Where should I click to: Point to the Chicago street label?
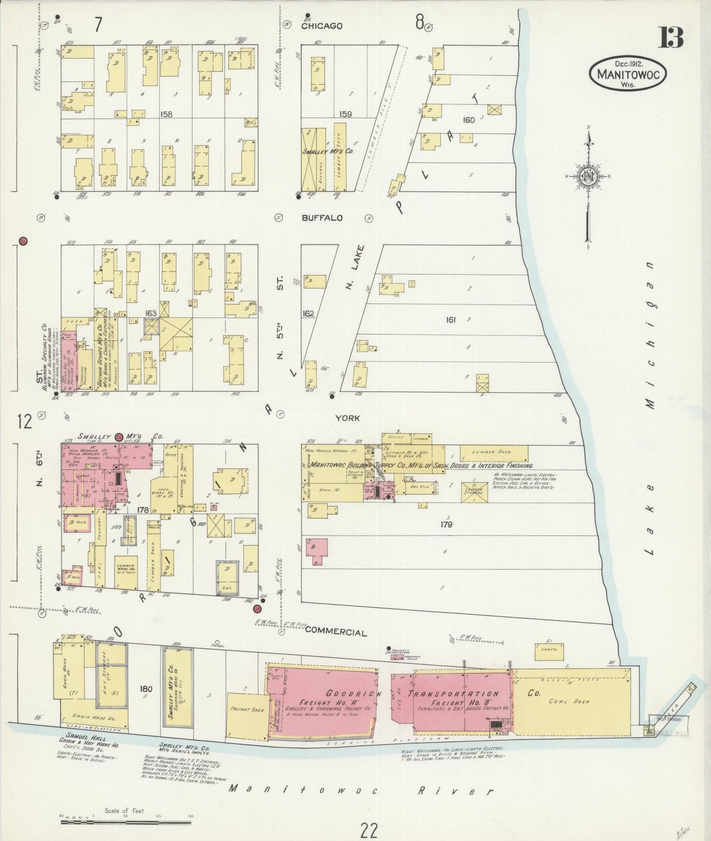tap(322, 26)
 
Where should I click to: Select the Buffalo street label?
tap(322, 218)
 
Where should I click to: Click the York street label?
tap(347, 418)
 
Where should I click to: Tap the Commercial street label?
tap(336, 633)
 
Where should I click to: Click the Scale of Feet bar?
tap(125, 817)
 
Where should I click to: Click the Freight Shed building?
tap(247, 710)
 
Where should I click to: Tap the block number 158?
tap(166, 114)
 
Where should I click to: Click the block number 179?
tap(446, 525)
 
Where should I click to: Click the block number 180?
tap(146, 689)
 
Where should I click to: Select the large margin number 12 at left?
tap(24, 422)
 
